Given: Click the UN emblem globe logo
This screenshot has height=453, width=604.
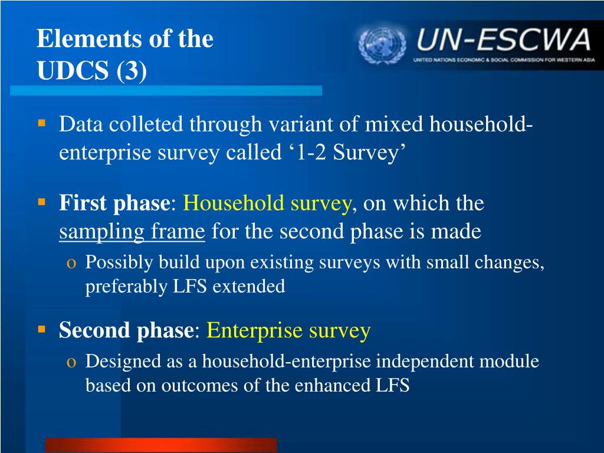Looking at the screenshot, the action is pyautogui.click(x=382, y=45).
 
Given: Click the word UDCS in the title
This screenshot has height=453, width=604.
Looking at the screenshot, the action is pyautogui.click(x=73, y=70).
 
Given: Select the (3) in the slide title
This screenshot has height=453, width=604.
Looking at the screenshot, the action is pyautogui.click(x=131, y=71).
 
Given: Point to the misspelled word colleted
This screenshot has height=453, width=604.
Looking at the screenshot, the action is pyautogui.click(x=146, y=124).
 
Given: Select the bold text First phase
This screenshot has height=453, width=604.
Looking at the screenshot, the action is pyautogui.click(x=114, y=203).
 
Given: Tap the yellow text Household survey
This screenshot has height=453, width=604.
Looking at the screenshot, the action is pyautogui.click(x=267, y=203).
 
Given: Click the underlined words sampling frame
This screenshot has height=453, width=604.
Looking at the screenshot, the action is pyautogui.click(x=132, y=232).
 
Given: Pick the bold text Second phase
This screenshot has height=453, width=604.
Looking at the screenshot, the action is pyautogui.click(x=126, y=330).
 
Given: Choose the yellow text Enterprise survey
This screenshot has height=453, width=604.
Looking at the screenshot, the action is pyautogui.click(x=288, y=330).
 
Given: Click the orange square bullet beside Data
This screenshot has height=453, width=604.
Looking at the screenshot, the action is pyautogui.click(x=42, y=124).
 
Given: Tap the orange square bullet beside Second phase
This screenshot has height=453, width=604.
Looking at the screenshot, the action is pyautogui.click(x=42, y=329).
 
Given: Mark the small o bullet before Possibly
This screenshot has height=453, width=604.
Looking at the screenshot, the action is pyautogui.click(x=71, y=264).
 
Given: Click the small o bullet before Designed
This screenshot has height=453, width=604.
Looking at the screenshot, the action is pyautogui.click(x=71, y=363).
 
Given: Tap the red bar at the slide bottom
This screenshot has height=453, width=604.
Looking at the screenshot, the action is pyautogui.click(x=161, y=445).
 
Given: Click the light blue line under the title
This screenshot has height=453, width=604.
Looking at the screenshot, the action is pyautogui.click(x=166, y=90).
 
